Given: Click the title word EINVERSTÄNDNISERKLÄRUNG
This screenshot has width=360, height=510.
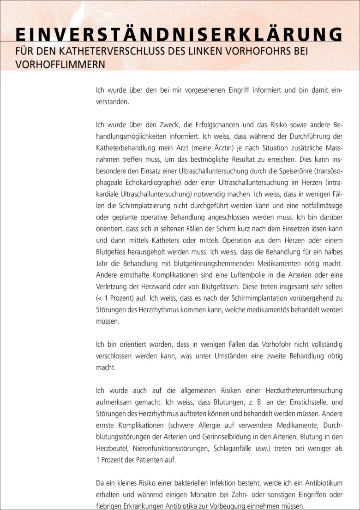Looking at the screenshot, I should click(179, 35).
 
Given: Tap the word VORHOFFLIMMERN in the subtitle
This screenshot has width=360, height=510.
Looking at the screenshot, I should click(60, 64).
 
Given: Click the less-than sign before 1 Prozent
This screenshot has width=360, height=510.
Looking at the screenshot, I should click(98, 298).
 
